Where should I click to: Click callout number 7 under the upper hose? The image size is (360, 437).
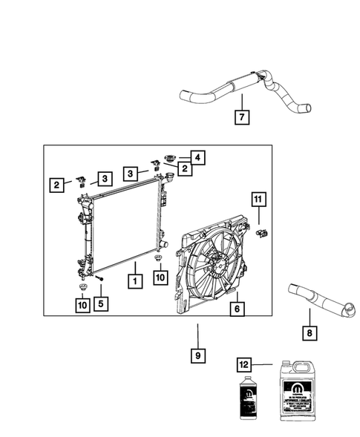tap(240, 116)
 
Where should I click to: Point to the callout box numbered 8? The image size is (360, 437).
tap(307, 334)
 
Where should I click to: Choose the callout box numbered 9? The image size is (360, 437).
tap(197, 355)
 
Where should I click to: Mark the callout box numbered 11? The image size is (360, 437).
tap(258, 199)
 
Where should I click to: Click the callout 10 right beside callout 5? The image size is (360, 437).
tap(80, 303)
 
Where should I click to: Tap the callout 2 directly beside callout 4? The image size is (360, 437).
tap(179, 170)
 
